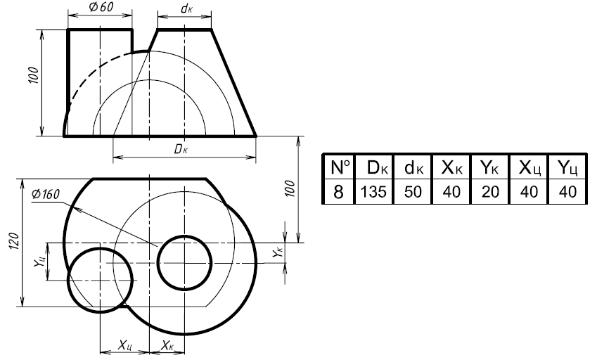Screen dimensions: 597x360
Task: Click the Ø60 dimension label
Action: pos(102,7)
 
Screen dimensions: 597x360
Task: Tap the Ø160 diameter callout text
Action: pos(46,195)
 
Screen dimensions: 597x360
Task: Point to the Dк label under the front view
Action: pos(181,149)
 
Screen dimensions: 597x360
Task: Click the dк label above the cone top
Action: pos(186,8)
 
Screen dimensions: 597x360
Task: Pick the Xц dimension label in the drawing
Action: pos(125,345)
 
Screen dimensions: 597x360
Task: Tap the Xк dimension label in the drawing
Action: pos(167,345)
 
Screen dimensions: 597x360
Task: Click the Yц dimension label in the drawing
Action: pos(39,262)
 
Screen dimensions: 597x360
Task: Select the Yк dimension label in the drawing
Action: pos(278,252)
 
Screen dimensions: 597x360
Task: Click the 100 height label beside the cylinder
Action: pos(34,75)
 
